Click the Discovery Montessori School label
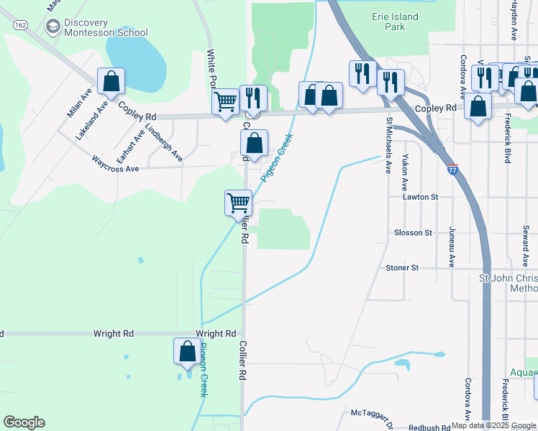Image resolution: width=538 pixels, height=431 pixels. point(105,27)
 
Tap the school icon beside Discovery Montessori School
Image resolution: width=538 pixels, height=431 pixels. point(52,27)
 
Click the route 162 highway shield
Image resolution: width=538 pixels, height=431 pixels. point(19,24)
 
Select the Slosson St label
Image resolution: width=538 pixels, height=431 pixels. point(413,233)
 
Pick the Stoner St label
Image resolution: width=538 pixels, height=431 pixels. point(402,267)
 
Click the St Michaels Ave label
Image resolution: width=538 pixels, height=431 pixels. point(388,146)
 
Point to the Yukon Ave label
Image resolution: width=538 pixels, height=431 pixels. point(406,167)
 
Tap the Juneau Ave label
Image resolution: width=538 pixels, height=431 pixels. point(452,246)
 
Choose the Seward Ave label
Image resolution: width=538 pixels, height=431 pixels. point(526,245)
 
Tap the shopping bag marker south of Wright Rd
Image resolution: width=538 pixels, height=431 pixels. point(187,352)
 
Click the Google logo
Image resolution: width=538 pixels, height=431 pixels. point(24,422)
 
